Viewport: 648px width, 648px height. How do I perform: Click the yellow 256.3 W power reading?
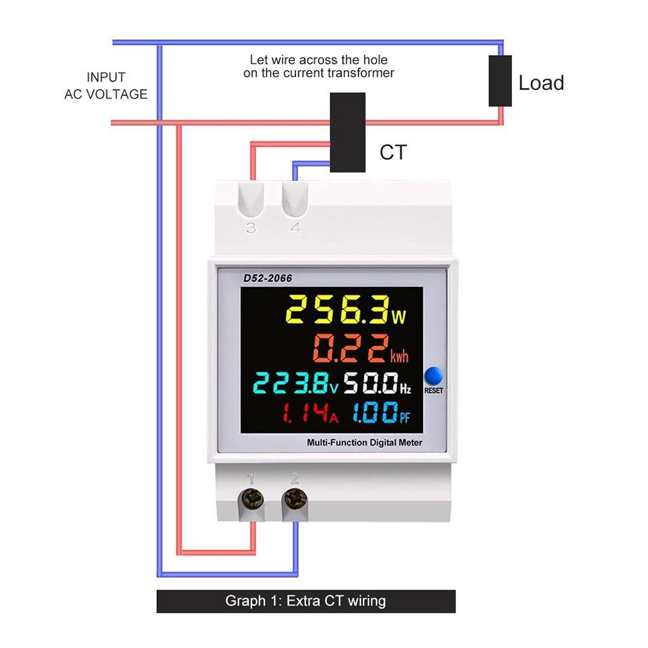tap(346, 310)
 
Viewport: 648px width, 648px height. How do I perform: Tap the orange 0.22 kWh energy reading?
tap(360, 349)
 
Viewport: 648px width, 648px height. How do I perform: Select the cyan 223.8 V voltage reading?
tap(295, 383)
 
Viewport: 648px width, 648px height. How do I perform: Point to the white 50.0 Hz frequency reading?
tap(377, 383)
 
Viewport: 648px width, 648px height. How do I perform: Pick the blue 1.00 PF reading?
tap(382, 413)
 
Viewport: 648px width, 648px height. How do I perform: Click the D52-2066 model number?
tap(268, 278)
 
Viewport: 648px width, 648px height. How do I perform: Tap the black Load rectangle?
tap(500, 81)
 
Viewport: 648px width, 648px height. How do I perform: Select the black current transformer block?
tap(347, 132)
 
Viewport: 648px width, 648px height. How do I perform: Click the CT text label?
tap(393, 152)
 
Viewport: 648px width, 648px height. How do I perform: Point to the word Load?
tap(541, 83)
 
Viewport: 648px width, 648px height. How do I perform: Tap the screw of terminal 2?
tap(295, 499)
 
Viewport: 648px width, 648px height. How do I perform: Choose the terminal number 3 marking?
tap(251, 227)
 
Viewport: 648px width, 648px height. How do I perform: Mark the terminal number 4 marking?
tap(295, 227)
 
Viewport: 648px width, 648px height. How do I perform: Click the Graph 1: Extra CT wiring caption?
tap(306, 601)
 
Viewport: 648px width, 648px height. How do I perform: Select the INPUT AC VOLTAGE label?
tap(106, 86)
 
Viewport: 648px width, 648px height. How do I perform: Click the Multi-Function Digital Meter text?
tap(364, 443)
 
